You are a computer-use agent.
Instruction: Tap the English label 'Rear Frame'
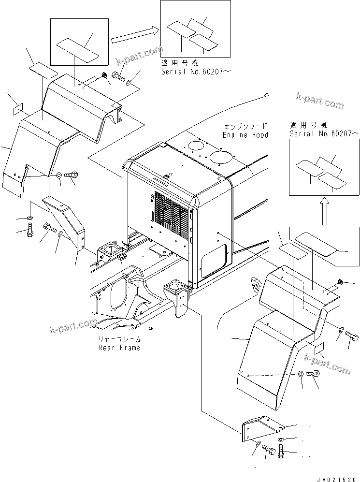click(119, 348)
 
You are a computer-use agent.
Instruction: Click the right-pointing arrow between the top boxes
click(134, 34)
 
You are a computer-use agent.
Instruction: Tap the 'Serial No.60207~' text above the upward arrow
click(324, 133)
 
